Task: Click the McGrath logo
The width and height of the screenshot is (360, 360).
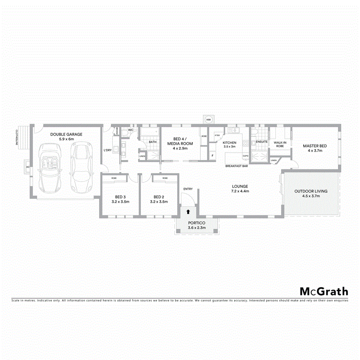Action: (324, 292)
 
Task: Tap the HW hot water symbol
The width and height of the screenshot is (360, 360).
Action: (208, 120)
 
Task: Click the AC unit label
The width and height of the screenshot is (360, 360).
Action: (28, 167)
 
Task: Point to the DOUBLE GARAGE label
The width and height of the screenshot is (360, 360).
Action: (66, 134)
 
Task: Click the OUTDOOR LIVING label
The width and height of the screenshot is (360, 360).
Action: (311, 191)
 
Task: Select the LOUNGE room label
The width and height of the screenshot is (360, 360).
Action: (240, 186)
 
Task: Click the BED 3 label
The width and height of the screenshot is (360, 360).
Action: (120, 197)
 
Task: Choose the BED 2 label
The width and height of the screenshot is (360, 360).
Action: (159, 197)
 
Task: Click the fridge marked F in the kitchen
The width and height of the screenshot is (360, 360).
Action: (212, 155)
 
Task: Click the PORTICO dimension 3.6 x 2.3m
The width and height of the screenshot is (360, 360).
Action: (196, 228)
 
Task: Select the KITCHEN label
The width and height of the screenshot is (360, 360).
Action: (230, 143)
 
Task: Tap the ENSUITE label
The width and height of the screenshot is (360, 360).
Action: (262, 142)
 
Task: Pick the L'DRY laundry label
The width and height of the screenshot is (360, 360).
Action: (107, 150)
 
